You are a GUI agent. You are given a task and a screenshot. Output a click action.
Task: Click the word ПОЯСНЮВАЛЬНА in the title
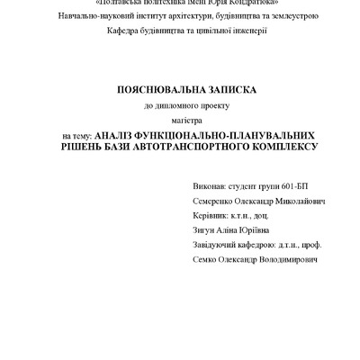click(159, 90)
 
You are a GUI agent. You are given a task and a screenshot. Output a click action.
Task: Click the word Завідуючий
click(218, 244)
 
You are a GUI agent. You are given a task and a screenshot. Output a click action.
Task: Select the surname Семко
click(206, 259)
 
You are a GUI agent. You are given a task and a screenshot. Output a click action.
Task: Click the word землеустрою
click(305, 16)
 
